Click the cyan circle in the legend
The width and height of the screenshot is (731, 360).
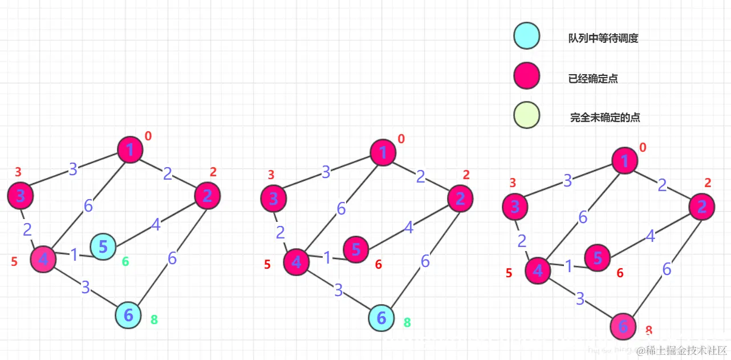click(x=526, y=36)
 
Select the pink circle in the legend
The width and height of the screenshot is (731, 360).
click(x=526, y=76)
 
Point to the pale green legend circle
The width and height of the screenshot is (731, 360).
click(x=526, y=115)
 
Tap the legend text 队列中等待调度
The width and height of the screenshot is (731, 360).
click(x=603, y=39)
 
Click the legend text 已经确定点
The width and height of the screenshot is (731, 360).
click(x=593, y=79)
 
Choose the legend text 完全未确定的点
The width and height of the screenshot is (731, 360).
click(x=605, y=118)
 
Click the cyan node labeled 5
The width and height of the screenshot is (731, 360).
click(x=103, y=247)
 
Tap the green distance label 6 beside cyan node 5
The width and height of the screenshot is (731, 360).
click(x=125, y=262)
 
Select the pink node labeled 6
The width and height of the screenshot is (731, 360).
click(x=623, y=326)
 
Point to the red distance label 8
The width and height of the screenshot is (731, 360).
click(x=649, y=330)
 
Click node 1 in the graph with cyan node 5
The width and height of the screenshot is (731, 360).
click(x=130, y=150)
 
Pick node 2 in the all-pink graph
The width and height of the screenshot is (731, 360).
click(x=702, y=207)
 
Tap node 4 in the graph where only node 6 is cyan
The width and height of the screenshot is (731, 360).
click(x=297, y=262)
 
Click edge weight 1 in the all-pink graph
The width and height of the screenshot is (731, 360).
click(x=568, y=266)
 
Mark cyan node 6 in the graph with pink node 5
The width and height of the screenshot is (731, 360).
click(x=381, y=318)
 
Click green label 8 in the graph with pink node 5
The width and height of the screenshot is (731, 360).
click(x=407, y=322)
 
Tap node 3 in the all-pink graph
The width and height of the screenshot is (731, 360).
click(x=515, y=207)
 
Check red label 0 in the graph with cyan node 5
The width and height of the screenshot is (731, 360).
click(x=148, y=136)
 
